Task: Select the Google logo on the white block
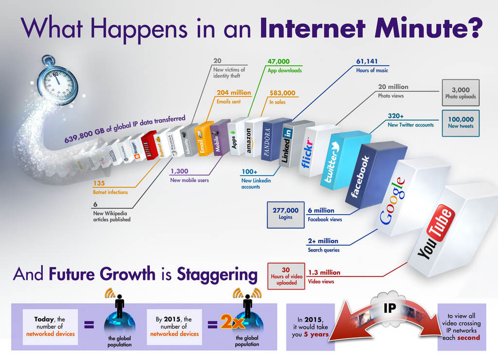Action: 392,201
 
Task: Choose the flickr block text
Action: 307,152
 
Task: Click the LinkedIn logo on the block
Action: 287,144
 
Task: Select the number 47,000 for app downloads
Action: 279,62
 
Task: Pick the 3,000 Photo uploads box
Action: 460,93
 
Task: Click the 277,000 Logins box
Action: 285,215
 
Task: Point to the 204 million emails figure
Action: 234,92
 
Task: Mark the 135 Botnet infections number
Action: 99,183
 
